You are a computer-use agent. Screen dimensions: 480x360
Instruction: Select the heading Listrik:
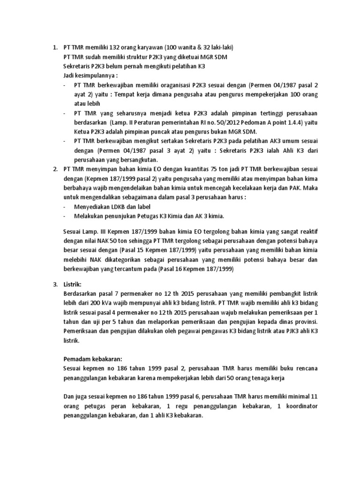pos(73,284)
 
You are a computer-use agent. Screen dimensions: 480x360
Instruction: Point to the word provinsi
pos(305,321)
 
